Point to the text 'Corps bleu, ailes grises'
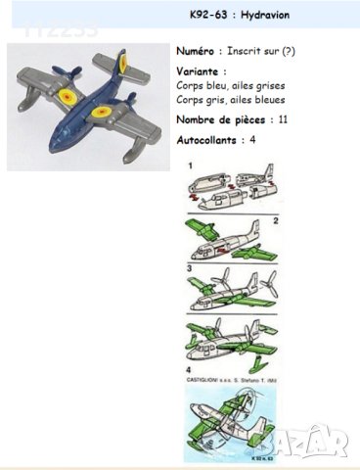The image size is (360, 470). click(221, 86)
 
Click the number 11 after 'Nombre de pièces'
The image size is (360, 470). click(283, 119)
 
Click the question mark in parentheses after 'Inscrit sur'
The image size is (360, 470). click(290, 49)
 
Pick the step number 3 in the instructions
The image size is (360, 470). click(189, 266)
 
